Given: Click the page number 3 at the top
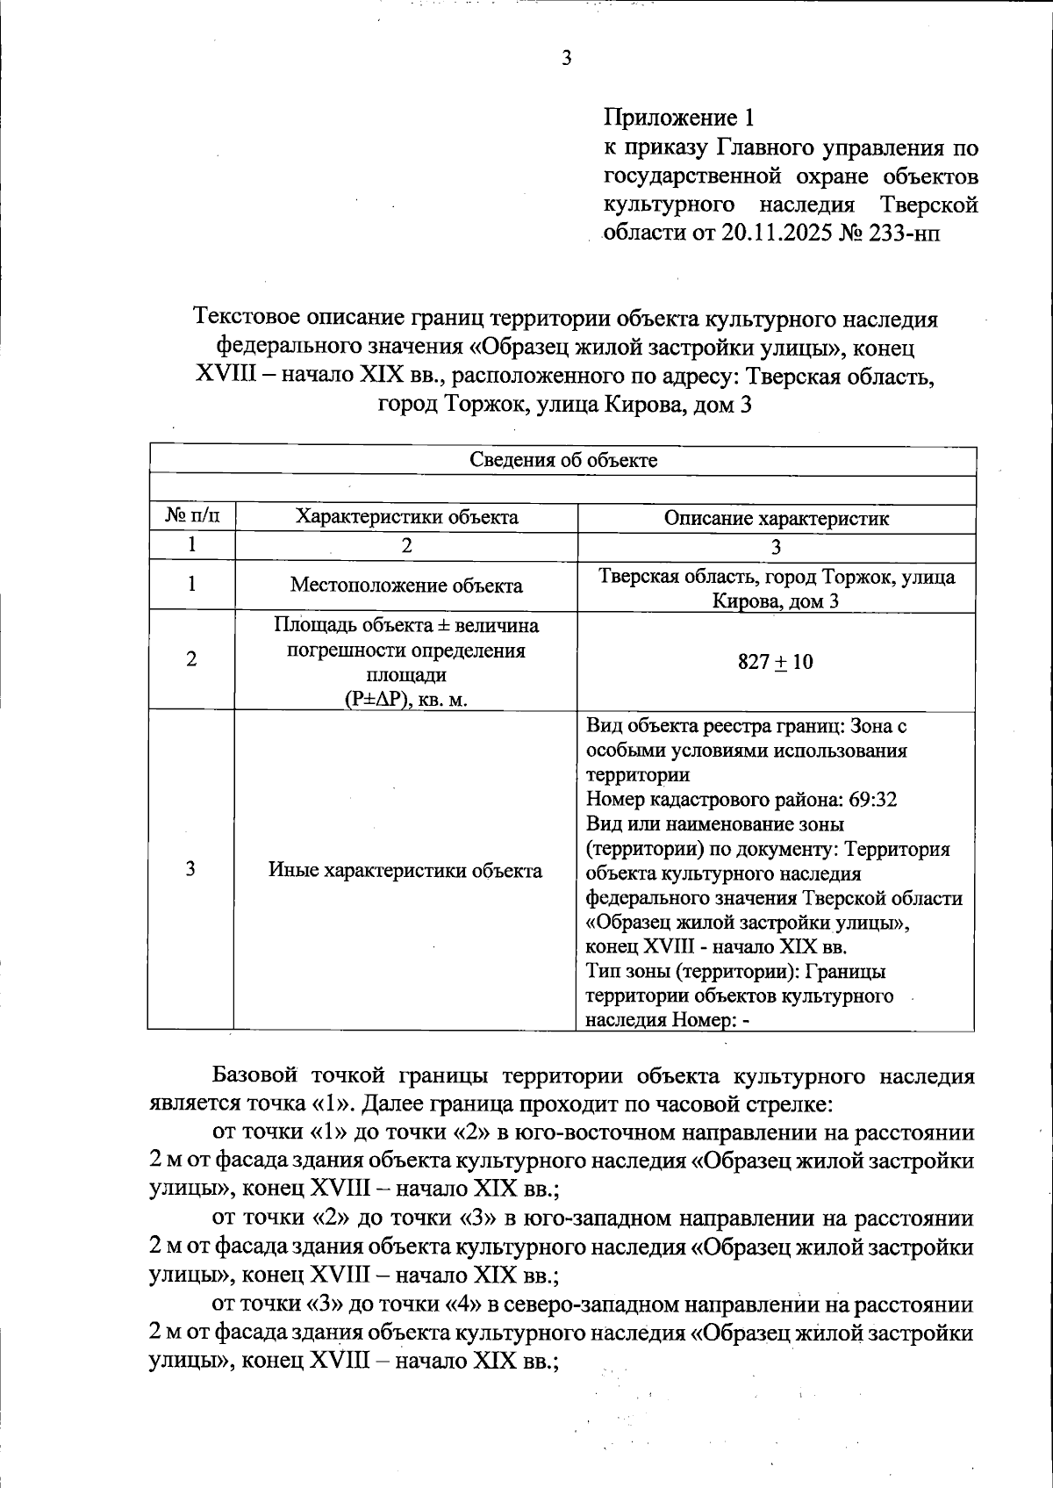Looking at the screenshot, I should point(566,60).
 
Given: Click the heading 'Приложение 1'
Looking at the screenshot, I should point(678,118).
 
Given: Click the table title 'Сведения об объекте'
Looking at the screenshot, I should point(562,460).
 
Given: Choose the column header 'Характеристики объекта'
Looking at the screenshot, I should point(406,517).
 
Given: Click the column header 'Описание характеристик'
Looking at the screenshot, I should point(776,518).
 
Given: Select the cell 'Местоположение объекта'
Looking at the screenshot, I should point(406,586).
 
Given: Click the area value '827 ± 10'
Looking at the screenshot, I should point(776,662).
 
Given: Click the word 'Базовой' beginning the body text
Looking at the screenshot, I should point(248,1076).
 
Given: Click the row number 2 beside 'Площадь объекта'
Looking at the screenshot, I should point(190,660).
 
